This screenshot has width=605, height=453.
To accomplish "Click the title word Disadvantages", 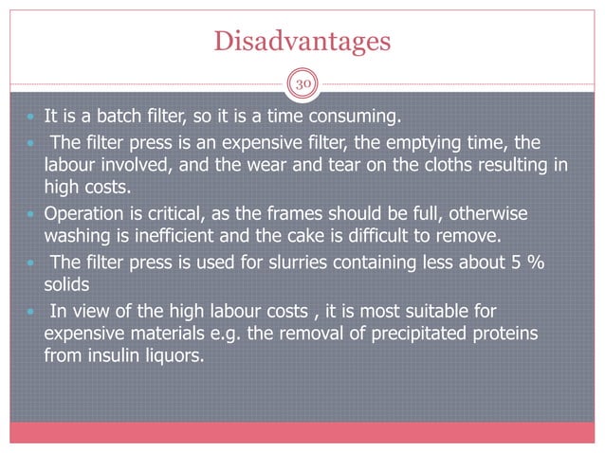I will (302, 41).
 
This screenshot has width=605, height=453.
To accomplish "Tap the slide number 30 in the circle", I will (302, 82).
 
